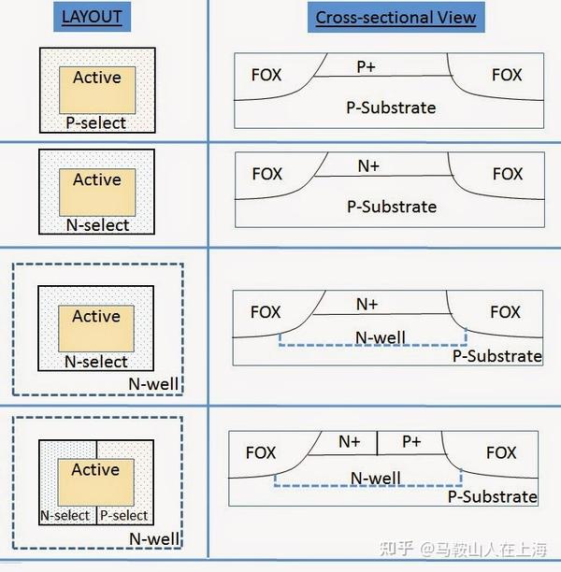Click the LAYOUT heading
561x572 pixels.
[x=92, y=17]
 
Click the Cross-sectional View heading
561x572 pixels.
[x=396, y=18]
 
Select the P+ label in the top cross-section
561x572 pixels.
[x=367, y=66]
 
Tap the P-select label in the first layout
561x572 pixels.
[x=96, y=123]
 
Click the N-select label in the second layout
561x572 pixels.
[x=97, y=225]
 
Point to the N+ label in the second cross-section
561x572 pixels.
[x=368, y=166]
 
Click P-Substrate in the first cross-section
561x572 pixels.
[x=391, y=107]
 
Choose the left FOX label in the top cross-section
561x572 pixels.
[x=266, y=75]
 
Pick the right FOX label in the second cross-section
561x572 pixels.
[x=508, y=174]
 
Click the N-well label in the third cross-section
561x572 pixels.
[x=381, y=337]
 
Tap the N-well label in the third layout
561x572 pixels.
[x=153, y=384]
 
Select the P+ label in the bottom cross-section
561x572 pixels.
[x=411, y=442]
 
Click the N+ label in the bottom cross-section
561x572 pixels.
[x=350, y=442]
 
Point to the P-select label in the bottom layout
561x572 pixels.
[x=123, y=516]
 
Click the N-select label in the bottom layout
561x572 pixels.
[x=65, y=516]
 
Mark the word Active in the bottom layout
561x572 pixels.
[x=95, y=469]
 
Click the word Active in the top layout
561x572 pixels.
[x=97, y=78]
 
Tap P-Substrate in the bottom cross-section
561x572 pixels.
[x=493, y=497]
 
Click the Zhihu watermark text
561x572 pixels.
[x=463, y=550]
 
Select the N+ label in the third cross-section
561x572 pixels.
[x=367, y=305]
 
